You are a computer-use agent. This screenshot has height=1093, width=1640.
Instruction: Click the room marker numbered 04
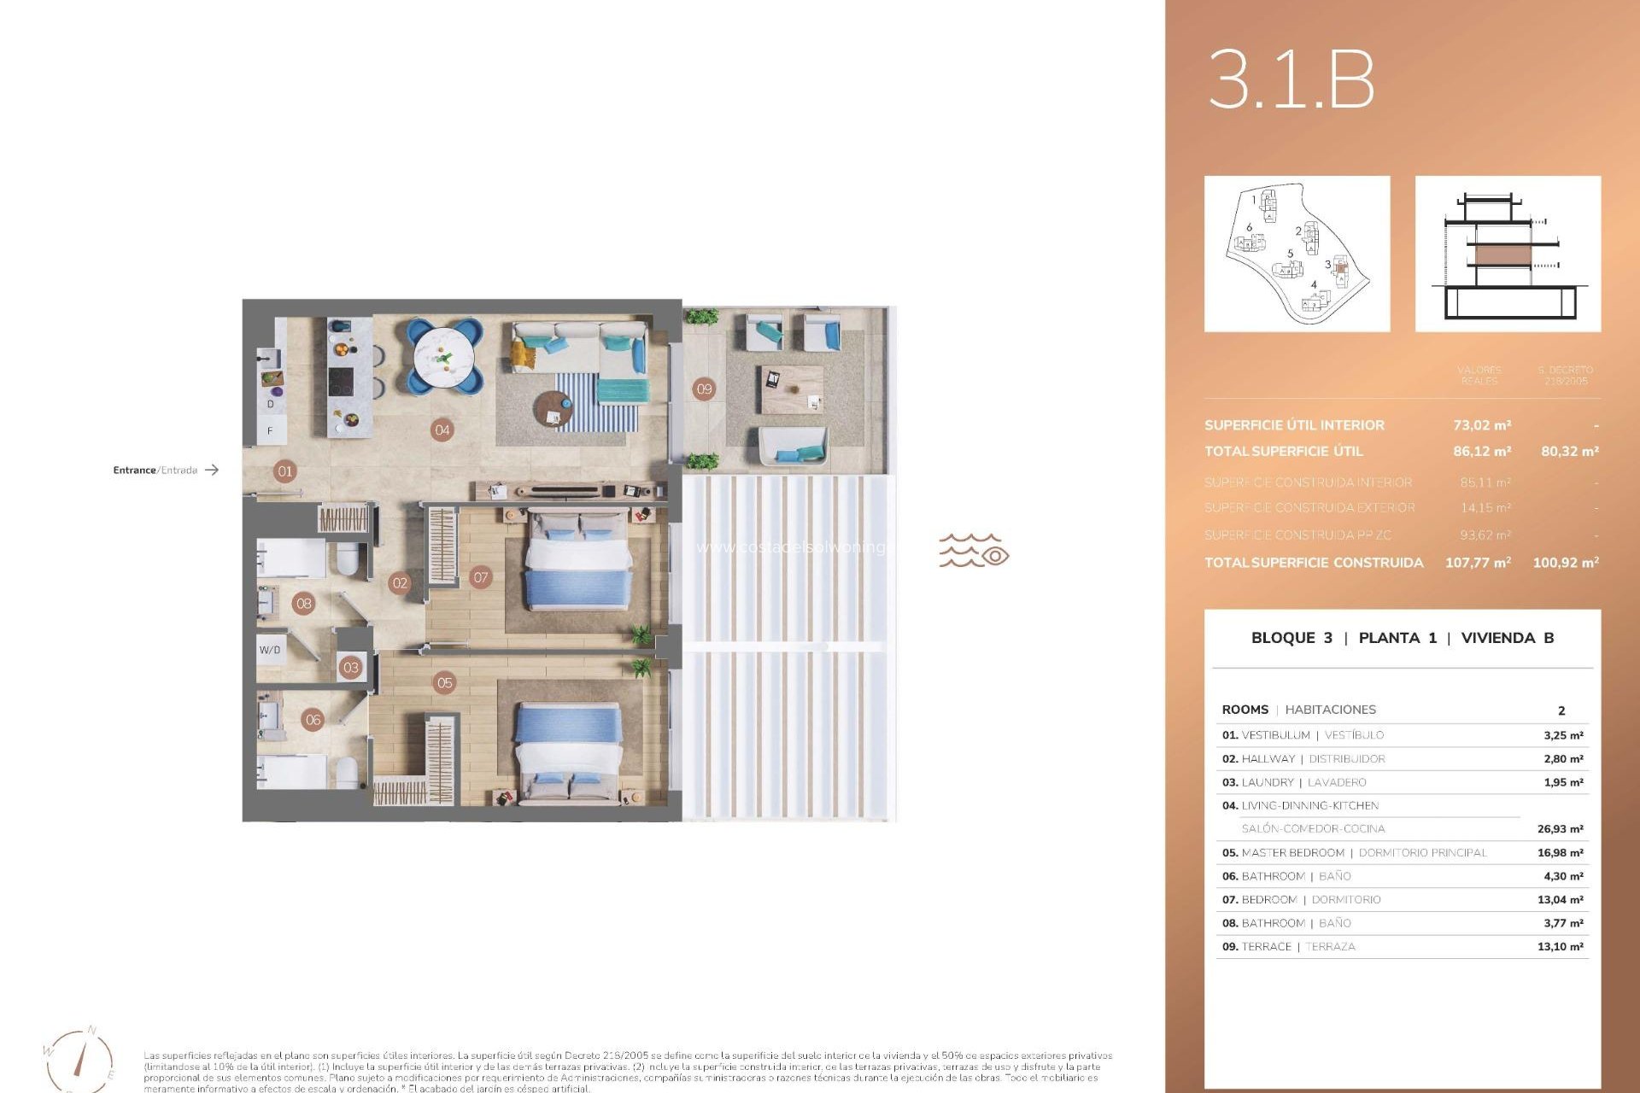pyautogui.click(x=442, y=430)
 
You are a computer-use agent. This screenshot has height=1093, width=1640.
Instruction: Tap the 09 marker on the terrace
pyautogui.click(x=704, y=389)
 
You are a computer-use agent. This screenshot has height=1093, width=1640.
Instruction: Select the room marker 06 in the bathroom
pyautogui.click(x=313, y=720)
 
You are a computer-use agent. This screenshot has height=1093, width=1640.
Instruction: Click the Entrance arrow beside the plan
pyautogui.click(x=212, y=470)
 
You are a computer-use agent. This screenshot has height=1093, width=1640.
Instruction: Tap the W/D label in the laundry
pyautogui.click(x=270, y=650)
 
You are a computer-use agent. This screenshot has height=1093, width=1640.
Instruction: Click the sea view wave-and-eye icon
pyautogui.click(x=974, y=552)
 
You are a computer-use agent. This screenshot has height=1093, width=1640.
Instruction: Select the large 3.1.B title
pyautogui.click(x=1291, y=79)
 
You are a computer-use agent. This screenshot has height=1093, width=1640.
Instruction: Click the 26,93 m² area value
pyautogui.click(x=1560, y=829)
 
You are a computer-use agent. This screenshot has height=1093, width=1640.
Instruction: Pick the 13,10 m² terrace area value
pyautogui.click(x=1560, y=947)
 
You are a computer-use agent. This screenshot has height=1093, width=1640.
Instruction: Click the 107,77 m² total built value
pyautogui.click(x=1478, y=563)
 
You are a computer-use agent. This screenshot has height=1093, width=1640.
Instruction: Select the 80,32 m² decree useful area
pyautogui.click(x=1569, y=452)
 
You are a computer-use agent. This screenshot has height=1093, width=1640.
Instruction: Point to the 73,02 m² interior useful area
pyautogui.click(x=1482, y=425)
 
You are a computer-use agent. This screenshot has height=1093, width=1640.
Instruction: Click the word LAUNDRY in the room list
pyautogui.click(x=1268, y=783)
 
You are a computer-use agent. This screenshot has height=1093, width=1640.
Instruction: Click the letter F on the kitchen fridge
pyautogui.click(x=270, y=431)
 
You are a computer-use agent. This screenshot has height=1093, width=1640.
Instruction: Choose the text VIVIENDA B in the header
pyautogui.click(x=1507, y=638)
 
